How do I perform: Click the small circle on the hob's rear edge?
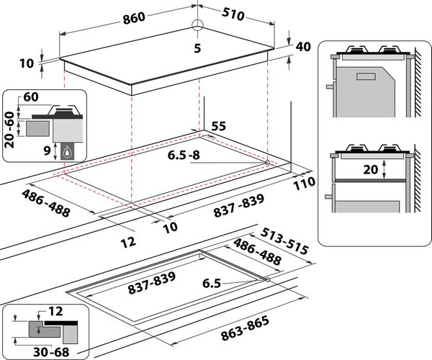pos(197,24)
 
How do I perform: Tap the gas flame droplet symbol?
pos(67,151)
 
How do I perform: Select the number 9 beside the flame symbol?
pos(45,151)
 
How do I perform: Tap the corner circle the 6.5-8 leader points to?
pos(267,163)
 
